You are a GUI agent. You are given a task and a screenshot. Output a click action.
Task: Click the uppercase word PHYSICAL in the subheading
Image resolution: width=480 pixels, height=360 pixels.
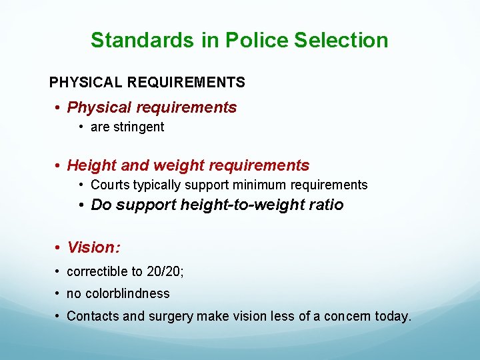click(x=86, y=83)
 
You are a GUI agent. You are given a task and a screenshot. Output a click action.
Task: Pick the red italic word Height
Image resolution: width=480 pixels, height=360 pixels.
click(x=90, y=165)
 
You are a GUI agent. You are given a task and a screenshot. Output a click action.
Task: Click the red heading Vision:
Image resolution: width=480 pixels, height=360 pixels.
click(x=94, y=247)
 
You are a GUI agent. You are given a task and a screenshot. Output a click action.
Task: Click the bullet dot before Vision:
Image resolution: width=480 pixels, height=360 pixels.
click(x=59, y=248)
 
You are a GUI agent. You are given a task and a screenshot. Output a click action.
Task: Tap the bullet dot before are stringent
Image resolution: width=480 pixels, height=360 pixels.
click(x=81, y=127)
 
